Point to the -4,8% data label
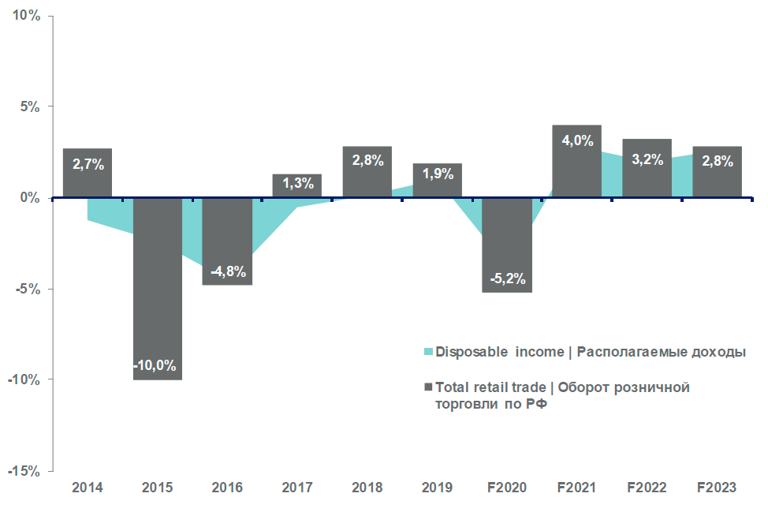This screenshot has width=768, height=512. pyautogui.click(x=229, y=272)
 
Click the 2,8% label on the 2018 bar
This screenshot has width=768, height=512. pyautogui.click(x=367, y=160)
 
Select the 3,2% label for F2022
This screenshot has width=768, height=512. pyautogui.click(x=647, y=160)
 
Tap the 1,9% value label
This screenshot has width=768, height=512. pyautogui.click(x=438, y=174)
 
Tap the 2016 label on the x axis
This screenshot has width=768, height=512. pyautogui.click(x=228, y=488)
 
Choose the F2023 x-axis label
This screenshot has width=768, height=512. pyautogui.click(x=717, y=488)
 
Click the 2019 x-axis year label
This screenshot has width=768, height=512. pyautogui.click(x=438, y=488)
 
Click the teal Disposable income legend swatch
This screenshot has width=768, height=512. pyautogui.click(x=429, y=351)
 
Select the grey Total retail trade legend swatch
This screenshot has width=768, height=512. pyautogui.click(x=429, y=387)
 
